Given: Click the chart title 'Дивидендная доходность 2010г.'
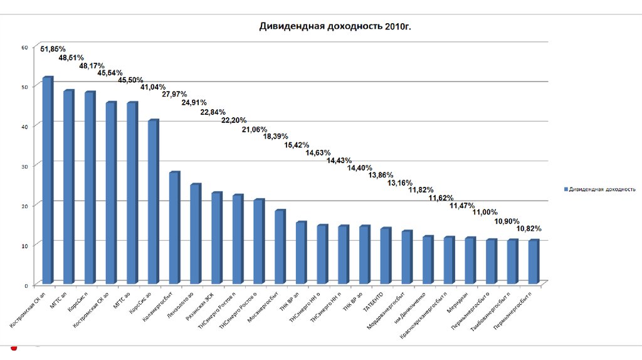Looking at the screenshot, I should (x=335, y=27).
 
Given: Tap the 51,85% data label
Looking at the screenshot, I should (x=53, y=49).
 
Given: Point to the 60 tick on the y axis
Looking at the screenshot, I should (x=24, y=47).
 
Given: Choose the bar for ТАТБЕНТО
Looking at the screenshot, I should (x=385, y=255).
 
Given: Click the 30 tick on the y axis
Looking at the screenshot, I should (x=24, y=165).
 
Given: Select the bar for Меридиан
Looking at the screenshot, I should (x=470, y=260).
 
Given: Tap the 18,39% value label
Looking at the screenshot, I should (x=276, y=136).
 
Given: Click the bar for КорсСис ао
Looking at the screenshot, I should (x=152, y=201).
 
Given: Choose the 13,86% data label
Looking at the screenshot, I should (x=381, y=175).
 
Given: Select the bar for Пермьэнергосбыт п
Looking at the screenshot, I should (x=533, y=262).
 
